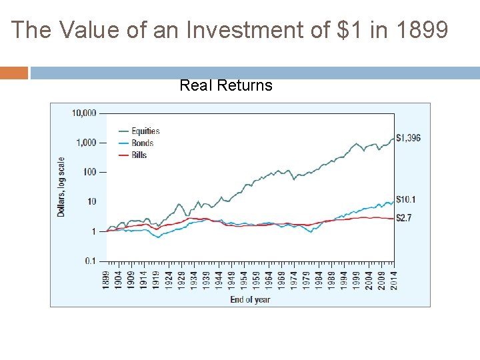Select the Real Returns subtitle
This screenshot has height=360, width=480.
[x=226, y=85]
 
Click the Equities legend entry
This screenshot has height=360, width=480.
[x=145, y=131]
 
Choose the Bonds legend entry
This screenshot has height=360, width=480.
[x=142, y=143]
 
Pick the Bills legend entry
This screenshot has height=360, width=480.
[x=139, y=155]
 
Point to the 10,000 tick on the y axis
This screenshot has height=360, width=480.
[x=84, y=113]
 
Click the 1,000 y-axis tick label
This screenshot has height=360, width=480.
[x=87, y=143]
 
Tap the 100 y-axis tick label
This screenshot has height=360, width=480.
[x=89, y=172]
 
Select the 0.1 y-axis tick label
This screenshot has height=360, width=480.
[x=90, y=261]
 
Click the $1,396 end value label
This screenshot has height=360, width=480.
[x=408, y=138]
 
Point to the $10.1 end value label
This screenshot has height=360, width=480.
[x=405, y=199]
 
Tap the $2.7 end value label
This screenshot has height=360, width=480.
[x=403, y=218]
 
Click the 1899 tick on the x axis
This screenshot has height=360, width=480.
[x=107, y=279]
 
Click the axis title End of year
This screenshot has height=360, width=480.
[x=250, y=299]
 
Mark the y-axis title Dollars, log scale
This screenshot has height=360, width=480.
[x=61, y=187]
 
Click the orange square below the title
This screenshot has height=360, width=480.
[x=14, y=73]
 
